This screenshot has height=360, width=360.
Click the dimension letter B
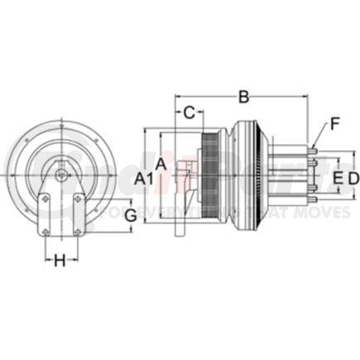[242, 97]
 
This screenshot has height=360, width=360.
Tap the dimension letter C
[189, 112]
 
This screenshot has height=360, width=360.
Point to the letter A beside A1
[162, 165]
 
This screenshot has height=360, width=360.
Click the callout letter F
[334, 125]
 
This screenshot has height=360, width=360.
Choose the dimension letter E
[337, 177]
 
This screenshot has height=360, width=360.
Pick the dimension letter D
[353, 177]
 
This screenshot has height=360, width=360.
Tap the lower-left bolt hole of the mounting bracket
[45, 232]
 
